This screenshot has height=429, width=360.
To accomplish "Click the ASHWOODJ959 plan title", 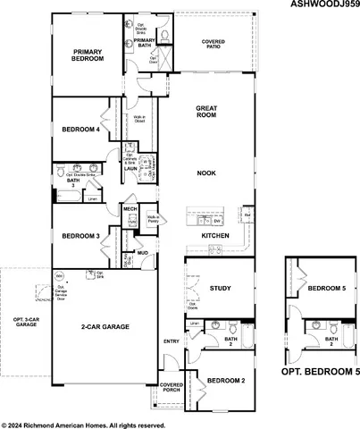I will pyautogui.click(x=325, y=5).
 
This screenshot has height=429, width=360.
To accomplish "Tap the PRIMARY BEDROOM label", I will pyautogui.click(x=88, y=56).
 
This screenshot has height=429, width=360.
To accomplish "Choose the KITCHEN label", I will pyautogui.click(x=215, y=235).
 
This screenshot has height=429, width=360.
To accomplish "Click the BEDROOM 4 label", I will pyautogui.click(x=80, y=130).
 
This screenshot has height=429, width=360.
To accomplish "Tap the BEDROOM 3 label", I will pyautogui.click(x=80, y=236).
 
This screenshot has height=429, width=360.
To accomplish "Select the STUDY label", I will pyautogui.click(x=220, y=289).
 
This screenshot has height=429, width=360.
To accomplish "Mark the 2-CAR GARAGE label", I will pyautogui.click(x=106, y=328).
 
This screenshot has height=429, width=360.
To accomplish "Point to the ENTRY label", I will pyautogui.click(x=172, y=341).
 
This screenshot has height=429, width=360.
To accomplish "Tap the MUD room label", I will pyautogui.click(x=142, y=254).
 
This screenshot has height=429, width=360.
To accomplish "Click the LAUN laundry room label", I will pyautogui.click(x=130, y=167).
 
